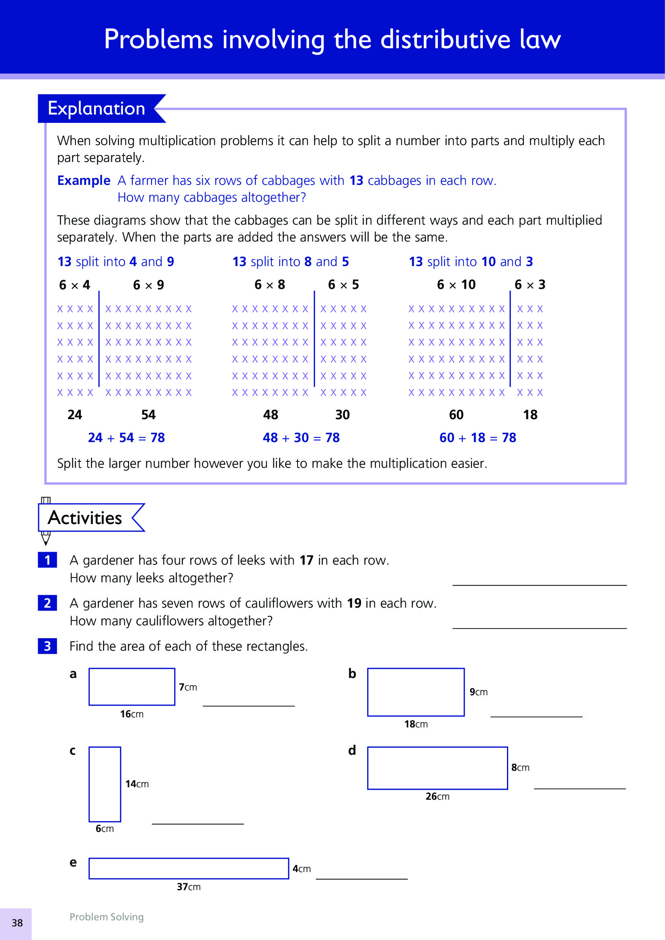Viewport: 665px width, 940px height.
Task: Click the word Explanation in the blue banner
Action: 96,109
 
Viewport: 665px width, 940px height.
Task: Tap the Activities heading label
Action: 85,518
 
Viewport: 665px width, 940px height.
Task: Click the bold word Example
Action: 84,180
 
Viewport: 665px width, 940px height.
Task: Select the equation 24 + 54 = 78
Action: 126,438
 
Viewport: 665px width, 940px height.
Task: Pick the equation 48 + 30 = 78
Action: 301,438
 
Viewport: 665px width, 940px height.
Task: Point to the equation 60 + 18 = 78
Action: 478,438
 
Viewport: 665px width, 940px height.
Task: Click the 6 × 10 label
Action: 456,285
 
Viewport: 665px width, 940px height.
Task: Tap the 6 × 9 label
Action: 148,285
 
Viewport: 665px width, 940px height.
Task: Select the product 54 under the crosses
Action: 148,415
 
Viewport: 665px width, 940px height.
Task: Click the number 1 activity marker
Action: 47,560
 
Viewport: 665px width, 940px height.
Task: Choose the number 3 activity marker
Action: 47,646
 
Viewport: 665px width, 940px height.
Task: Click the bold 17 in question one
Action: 306,560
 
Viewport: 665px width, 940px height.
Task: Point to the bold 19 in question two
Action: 354,603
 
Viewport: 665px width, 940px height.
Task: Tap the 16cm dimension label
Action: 131,714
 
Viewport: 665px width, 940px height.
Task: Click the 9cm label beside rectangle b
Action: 478,692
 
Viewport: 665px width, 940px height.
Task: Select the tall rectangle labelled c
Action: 105,784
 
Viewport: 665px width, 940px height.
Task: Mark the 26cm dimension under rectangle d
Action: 437,796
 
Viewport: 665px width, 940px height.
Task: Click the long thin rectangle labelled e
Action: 189,868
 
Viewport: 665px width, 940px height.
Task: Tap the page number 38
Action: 17,923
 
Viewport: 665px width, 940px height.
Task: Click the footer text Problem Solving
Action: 107,917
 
